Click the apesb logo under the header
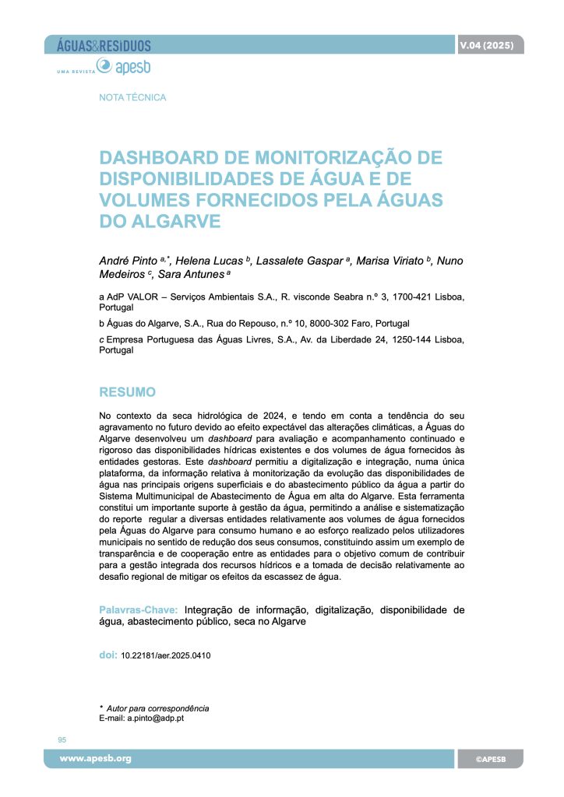(x=132, y=68)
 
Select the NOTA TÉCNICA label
(x=133, y=98)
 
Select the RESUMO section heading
(x=128, y=391)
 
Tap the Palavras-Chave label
(x=139, y=609)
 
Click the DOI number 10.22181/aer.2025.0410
(x=165, y=655)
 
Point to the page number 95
(x=62, y=739)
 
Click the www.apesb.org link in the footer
(x=97, y=758)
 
